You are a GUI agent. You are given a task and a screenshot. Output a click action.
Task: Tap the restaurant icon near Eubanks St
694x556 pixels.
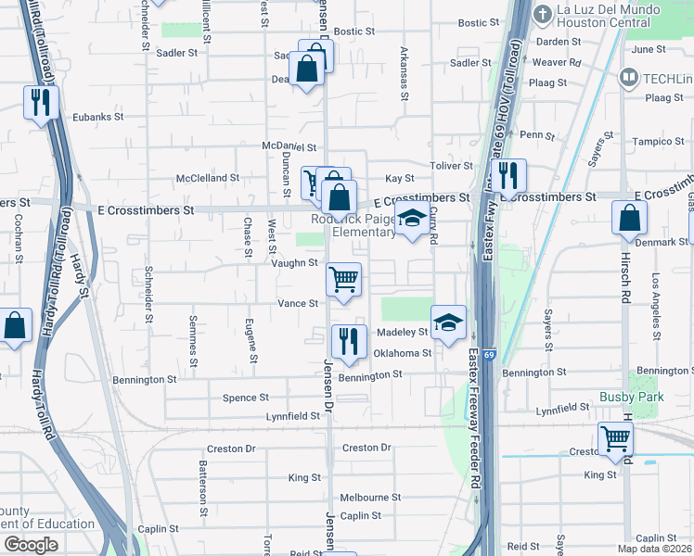point(40,103)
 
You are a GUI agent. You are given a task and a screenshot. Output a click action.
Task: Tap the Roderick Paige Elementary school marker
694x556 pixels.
point(413,221)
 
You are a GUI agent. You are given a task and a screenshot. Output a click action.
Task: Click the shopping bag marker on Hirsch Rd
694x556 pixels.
point(629,220)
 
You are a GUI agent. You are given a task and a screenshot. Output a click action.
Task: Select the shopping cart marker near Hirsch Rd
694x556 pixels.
point(616,440)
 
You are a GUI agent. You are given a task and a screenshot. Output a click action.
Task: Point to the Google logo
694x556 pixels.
point(31,544)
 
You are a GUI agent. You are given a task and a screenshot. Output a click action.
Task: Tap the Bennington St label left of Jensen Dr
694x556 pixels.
point(145,380)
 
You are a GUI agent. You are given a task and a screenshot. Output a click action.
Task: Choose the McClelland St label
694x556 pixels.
point(209,177)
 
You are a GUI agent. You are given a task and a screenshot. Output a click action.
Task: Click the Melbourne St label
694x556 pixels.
point(370,497)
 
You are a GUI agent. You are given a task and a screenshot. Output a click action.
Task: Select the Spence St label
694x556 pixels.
point(246,398)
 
